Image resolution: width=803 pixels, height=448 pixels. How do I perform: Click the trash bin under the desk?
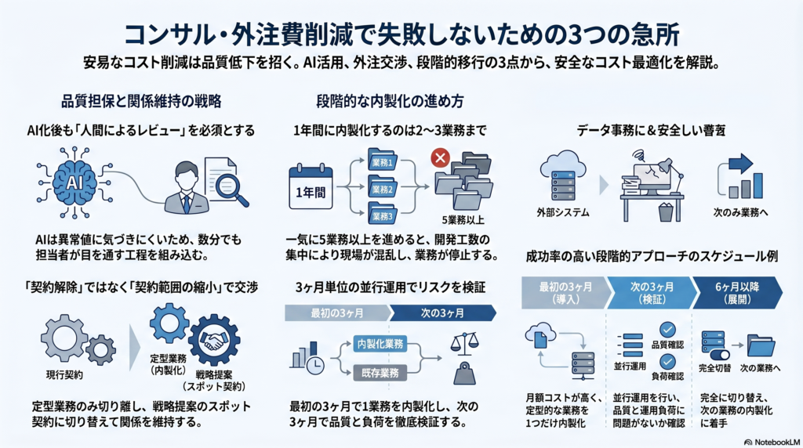tap(665, 211)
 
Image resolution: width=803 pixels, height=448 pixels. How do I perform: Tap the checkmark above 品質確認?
tap(667, 329)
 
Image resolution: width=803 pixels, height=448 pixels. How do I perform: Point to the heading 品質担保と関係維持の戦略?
tap(141, 101)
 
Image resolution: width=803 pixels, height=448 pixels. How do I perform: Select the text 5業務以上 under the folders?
tap(463, 220)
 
